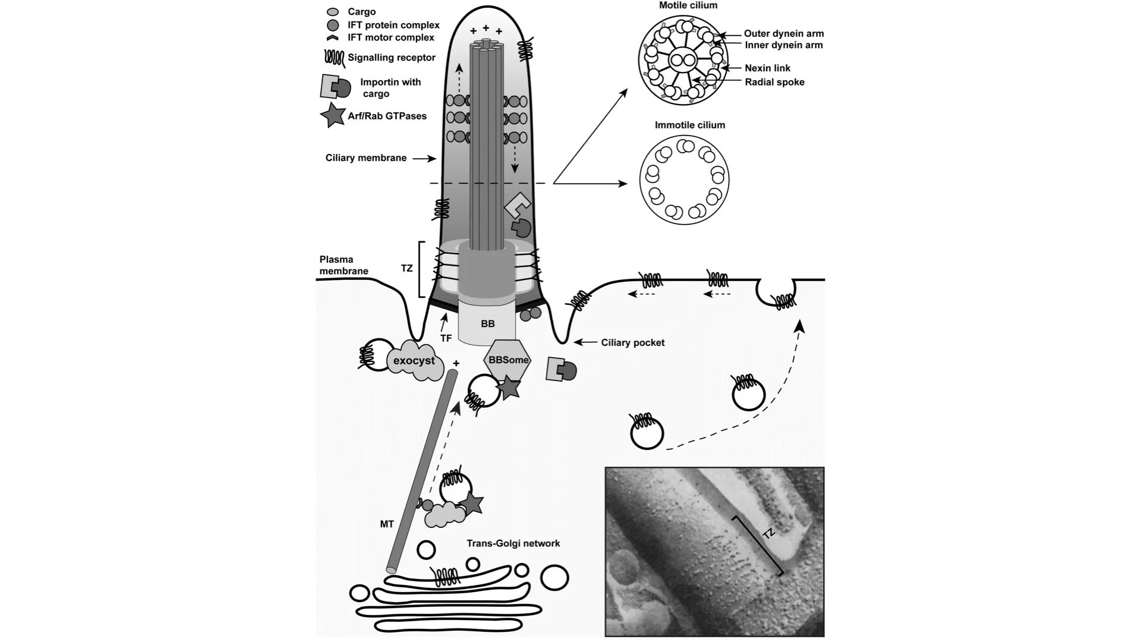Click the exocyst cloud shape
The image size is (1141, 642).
pyautogui.click(x=414, y=361)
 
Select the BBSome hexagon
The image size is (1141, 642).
pyautogui.click(x=508, y=360)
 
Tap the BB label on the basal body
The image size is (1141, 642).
pyautogui.click(x=487, y=324)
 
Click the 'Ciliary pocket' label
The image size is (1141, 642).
pyautogui.click(x=632, y=342)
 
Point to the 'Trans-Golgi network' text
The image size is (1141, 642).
pyautogui.click(x=513, y=543)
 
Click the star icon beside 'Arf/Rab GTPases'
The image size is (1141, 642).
pyautogui.click(x=332, y=115)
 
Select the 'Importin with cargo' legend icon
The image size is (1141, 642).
pyautogui.click(x=335, y=87)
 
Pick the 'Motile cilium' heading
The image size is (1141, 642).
pyautogui.click(x=688, y=5)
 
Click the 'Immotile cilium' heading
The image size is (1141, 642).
pyautogui.click(x=689, y=125)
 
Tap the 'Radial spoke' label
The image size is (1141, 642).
pyautogui.click(x=774, y=82)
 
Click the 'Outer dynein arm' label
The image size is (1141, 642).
pyautogui.click(x=783, y=34)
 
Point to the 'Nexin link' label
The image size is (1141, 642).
pyautogui.click(x=767, y=68)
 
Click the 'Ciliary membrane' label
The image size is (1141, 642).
pyautogui.click(x=366, y=158)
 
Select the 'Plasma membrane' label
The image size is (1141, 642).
pyautogui.click(x=343, y=265)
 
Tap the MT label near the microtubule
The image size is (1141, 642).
pyautogui.click(x=387, y=524)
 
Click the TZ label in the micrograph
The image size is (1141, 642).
pyautogui.click(x=769, y=534)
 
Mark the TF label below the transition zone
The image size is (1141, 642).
pyautogui.click(x=446, y=338)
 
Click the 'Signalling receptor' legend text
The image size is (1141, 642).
pyautogui.click(x=392, y=58)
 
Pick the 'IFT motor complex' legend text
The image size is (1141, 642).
pyautogui.click(x=390, y=37)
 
